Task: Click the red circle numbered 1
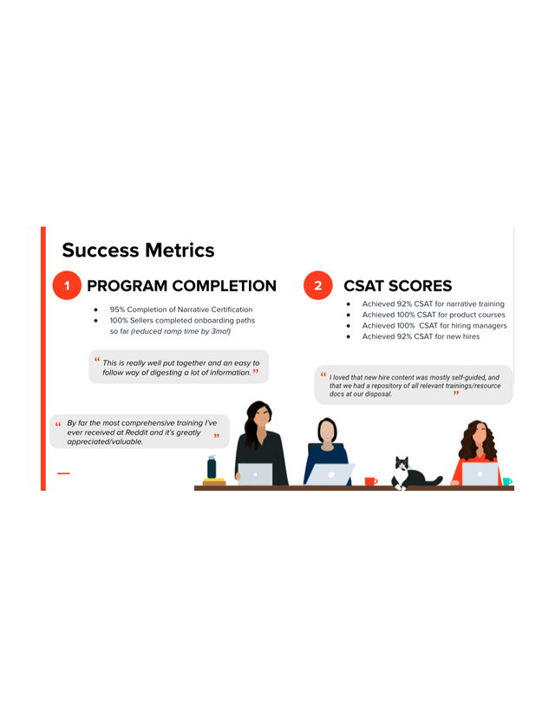pyautogui.click(x=67, y=285)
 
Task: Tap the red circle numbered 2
pyautogui.click(x=318, y=285)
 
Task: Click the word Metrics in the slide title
pyautogui.click(x=180, y=251)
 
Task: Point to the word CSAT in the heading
pyautogui.click(x=364, y=286)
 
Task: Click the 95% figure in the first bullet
pyautogui.click(x=117, y=310)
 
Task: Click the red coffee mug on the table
pyautogui.click(x=370, y=481)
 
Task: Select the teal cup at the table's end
pyautogui.click(x=507, y=481)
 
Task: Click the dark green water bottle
pyautogui.click(x=212, y=466)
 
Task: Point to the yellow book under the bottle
pyautogui.click(x=213, y=480)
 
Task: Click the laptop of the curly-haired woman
pyautogui.click(x=480, y=474)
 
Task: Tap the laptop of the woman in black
pyautogui.click(x=255, y=474)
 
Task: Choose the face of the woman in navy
pyautogui.click(x=327, y=431)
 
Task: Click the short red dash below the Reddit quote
pyautogui.click(x=63, y=473)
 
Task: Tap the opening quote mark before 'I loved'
pyautogui.click(x=323, y=375)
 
